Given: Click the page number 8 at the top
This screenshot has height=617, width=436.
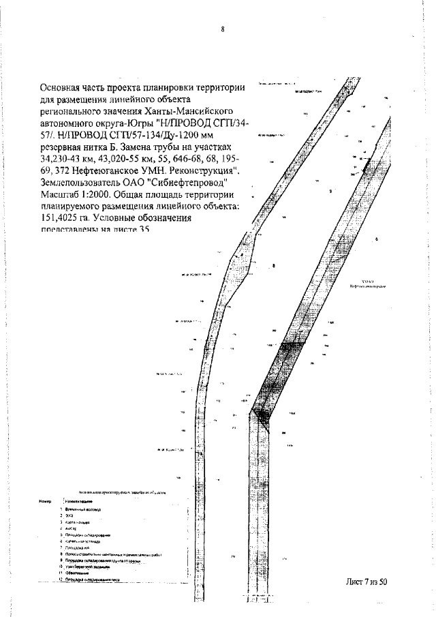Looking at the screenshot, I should click(223, 29).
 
